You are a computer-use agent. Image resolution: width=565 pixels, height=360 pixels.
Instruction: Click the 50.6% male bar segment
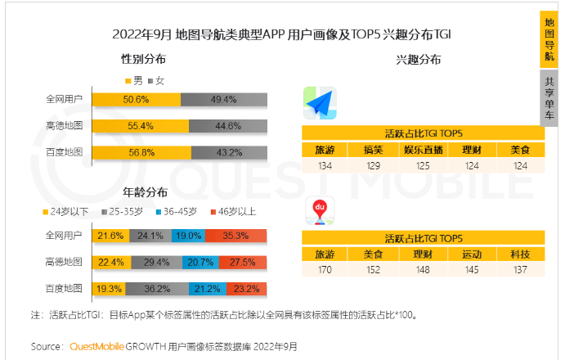click(136, 100)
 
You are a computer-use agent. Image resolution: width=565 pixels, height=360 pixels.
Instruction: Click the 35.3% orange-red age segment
click(235, 236)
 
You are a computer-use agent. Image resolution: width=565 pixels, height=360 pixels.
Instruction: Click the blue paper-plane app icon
click(321, 103)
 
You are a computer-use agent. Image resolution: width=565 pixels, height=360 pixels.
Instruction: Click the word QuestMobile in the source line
click(93, 347)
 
